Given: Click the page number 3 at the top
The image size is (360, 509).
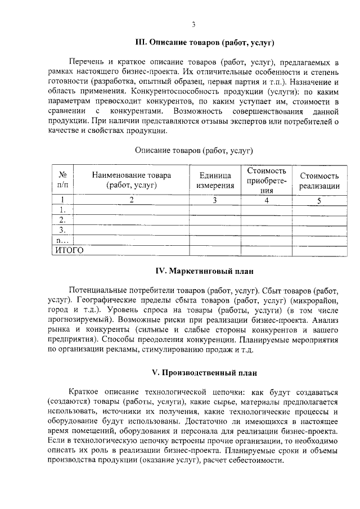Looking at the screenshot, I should (x=193, y=24).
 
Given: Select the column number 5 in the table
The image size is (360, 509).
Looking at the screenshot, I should (x=319, y=200).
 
